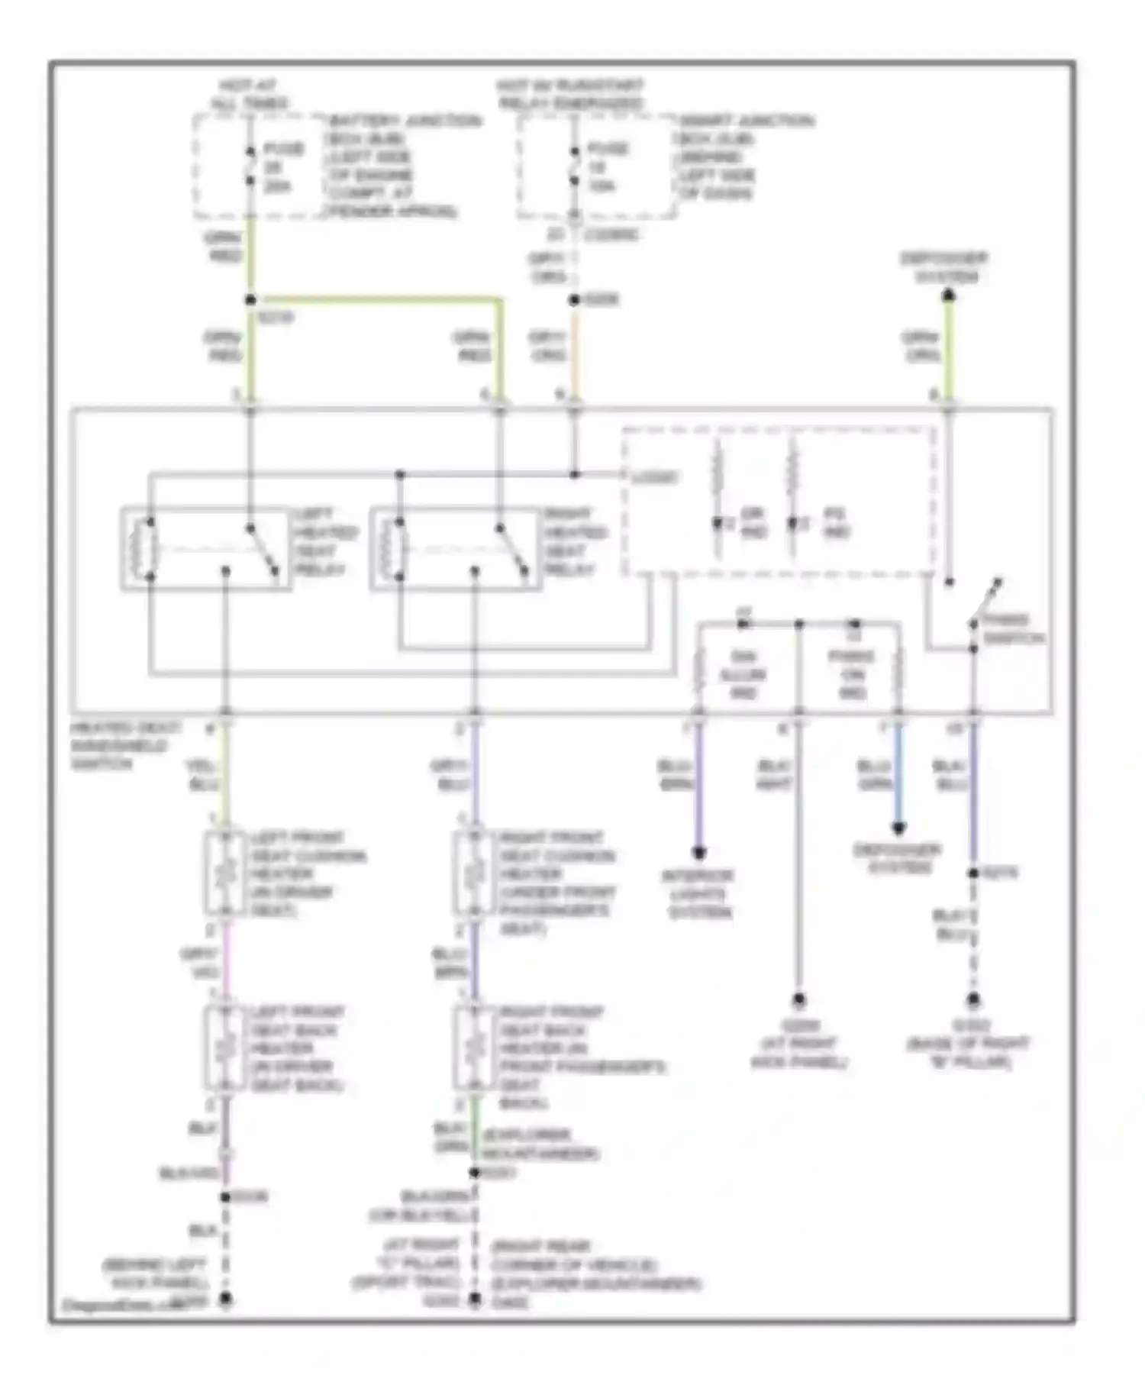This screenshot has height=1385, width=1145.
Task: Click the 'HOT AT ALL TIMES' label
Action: (x=249, y=94)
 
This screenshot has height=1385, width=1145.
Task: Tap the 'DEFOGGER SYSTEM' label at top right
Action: (x=944, y=267)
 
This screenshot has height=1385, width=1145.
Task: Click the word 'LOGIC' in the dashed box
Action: (x=655, y=478)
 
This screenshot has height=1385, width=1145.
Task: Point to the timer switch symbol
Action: (x=985, y=603)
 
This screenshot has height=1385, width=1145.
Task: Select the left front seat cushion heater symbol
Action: (x=225, y=873)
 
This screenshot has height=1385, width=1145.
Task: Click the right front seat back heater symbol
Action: (x=474, y=1047)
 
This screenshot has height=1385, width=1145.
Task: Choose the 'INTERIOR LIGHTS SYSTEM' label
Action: (x=699, y=893)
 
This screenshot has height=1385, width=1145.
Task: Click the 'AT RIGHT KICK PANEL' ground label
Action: (x=798, y=1044)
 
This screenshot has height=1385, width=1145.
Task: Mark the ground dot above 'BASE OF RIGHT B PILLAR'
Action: (x=973, y=999)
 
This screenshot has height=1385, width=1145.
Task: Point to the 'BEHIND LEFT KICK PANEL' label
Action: (x=156, y=1274)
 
